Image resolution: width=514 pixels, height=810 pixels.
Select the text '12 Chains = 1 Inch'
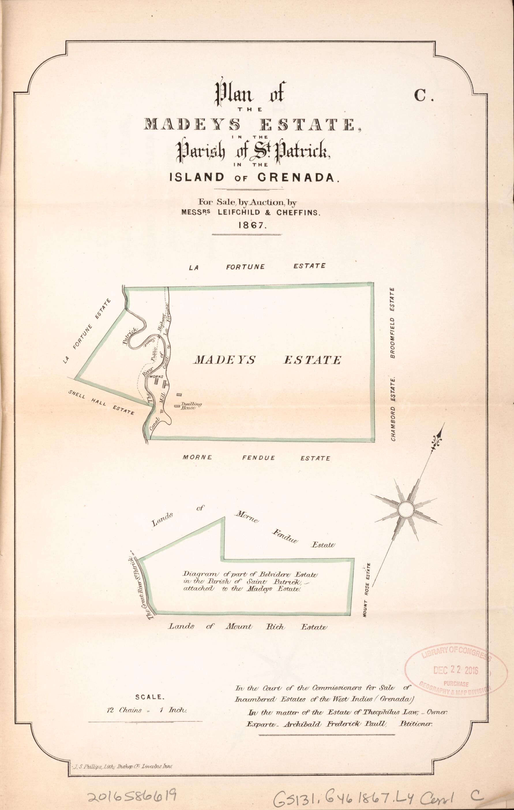(146, 710)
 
